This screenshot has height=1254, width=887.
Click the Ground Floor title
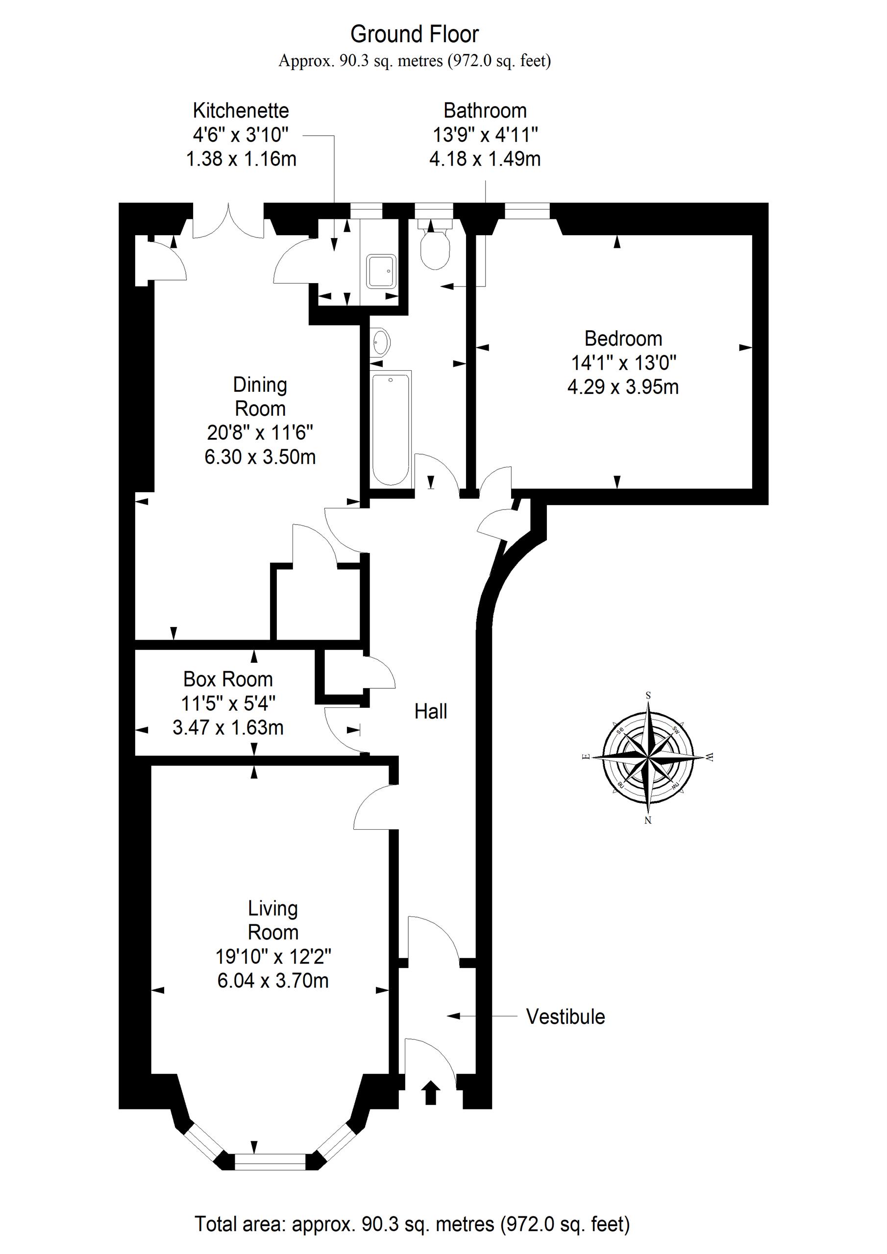(x=414, y=34)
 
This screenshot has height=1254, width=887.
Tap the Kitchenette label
(x=241, y=110)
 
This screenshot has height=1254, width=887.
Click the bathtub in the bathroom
(x=390, y=428)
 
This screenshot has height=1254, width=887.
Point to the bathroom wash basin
(x=381, y=343)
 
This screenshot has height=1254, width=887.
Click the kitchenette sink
(x=381, y=271)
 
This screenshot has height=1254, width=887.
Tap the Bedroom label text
(x=623, y=338)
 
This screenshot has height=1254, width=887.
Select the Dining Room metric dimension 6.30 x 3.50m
(x=260, y=457)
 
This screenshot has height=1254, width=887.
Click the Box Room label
(x=228, y=679)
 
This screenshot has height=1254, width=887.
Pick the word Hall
(x=431, y=711)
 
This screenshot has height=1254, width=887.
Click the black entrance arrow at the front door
(x=431, y=1092)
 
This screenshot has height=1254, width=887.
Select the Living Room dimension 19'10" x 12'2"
(x=273, y=956)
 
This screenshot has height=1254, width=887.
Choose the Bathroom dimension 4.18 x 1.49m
(x=485, y=159)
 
